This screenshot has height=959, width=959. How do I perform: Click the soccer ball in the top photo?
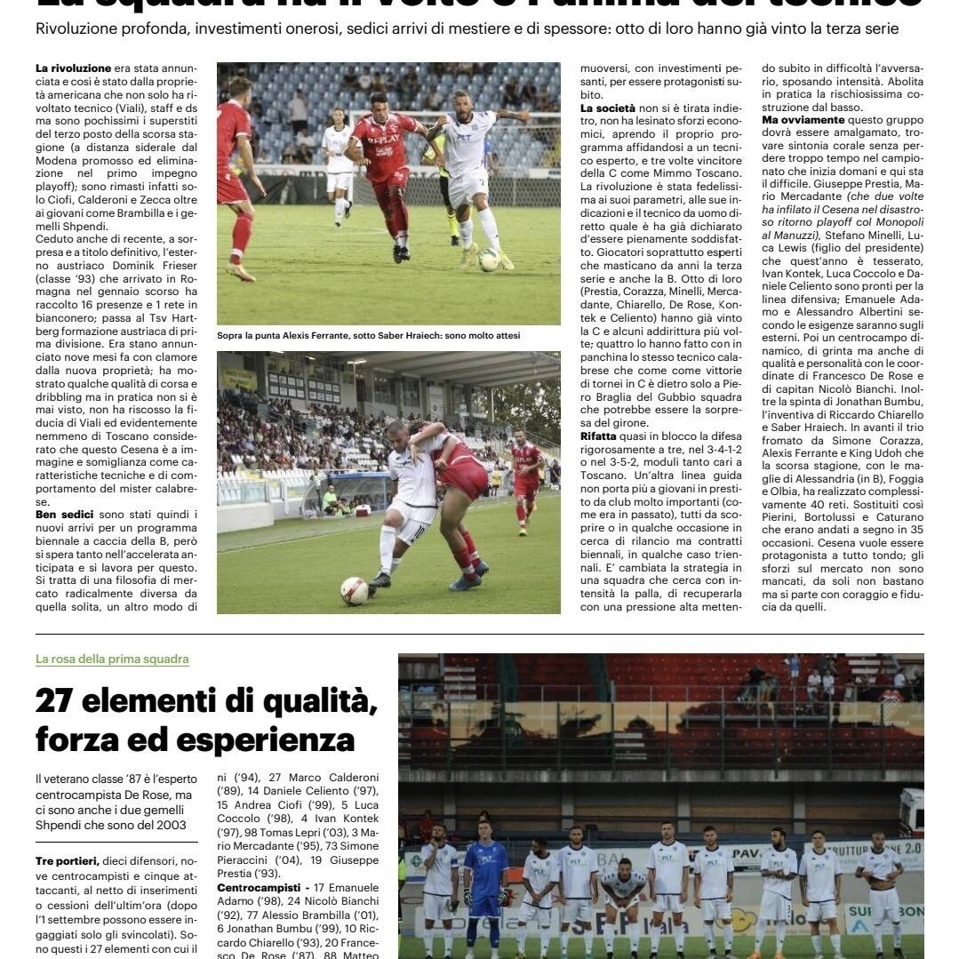point(488,259)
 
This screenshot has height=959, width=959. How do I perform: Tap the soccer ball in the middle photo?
point(354,590)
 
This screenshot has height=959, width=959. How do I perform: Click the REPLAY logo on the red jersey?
point(384,140)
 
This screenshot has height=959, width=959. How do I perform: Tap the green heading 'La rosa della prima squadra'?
point(112,659)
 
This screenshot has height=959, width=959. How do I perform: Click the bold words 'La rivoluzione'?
point(73,68)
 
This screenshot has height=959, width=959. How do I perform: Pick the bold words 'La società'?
point(607,108)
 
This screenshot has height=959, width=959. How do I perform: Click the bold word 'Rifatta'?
point(597,436)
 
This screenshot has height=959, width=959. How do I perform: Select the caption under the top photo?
point(368,335)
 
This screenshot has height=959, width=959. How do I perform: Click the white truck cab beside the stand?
point(911,809)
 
